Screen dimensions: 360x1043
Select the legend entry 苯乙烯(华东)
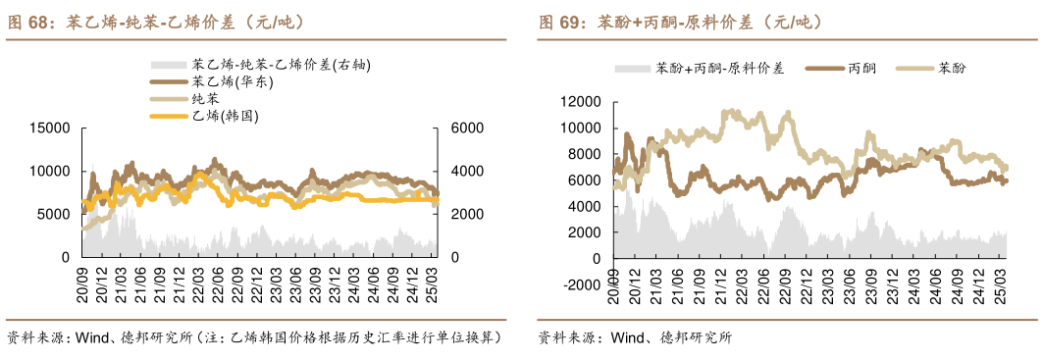coord(233,81)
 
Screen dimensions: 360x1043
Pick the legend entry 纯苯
coord(206,99)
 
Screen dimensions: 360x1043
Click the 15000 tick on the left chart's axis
coord(49,129)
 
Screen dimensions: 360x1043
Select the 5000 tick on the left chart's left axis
coord(53,214)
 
